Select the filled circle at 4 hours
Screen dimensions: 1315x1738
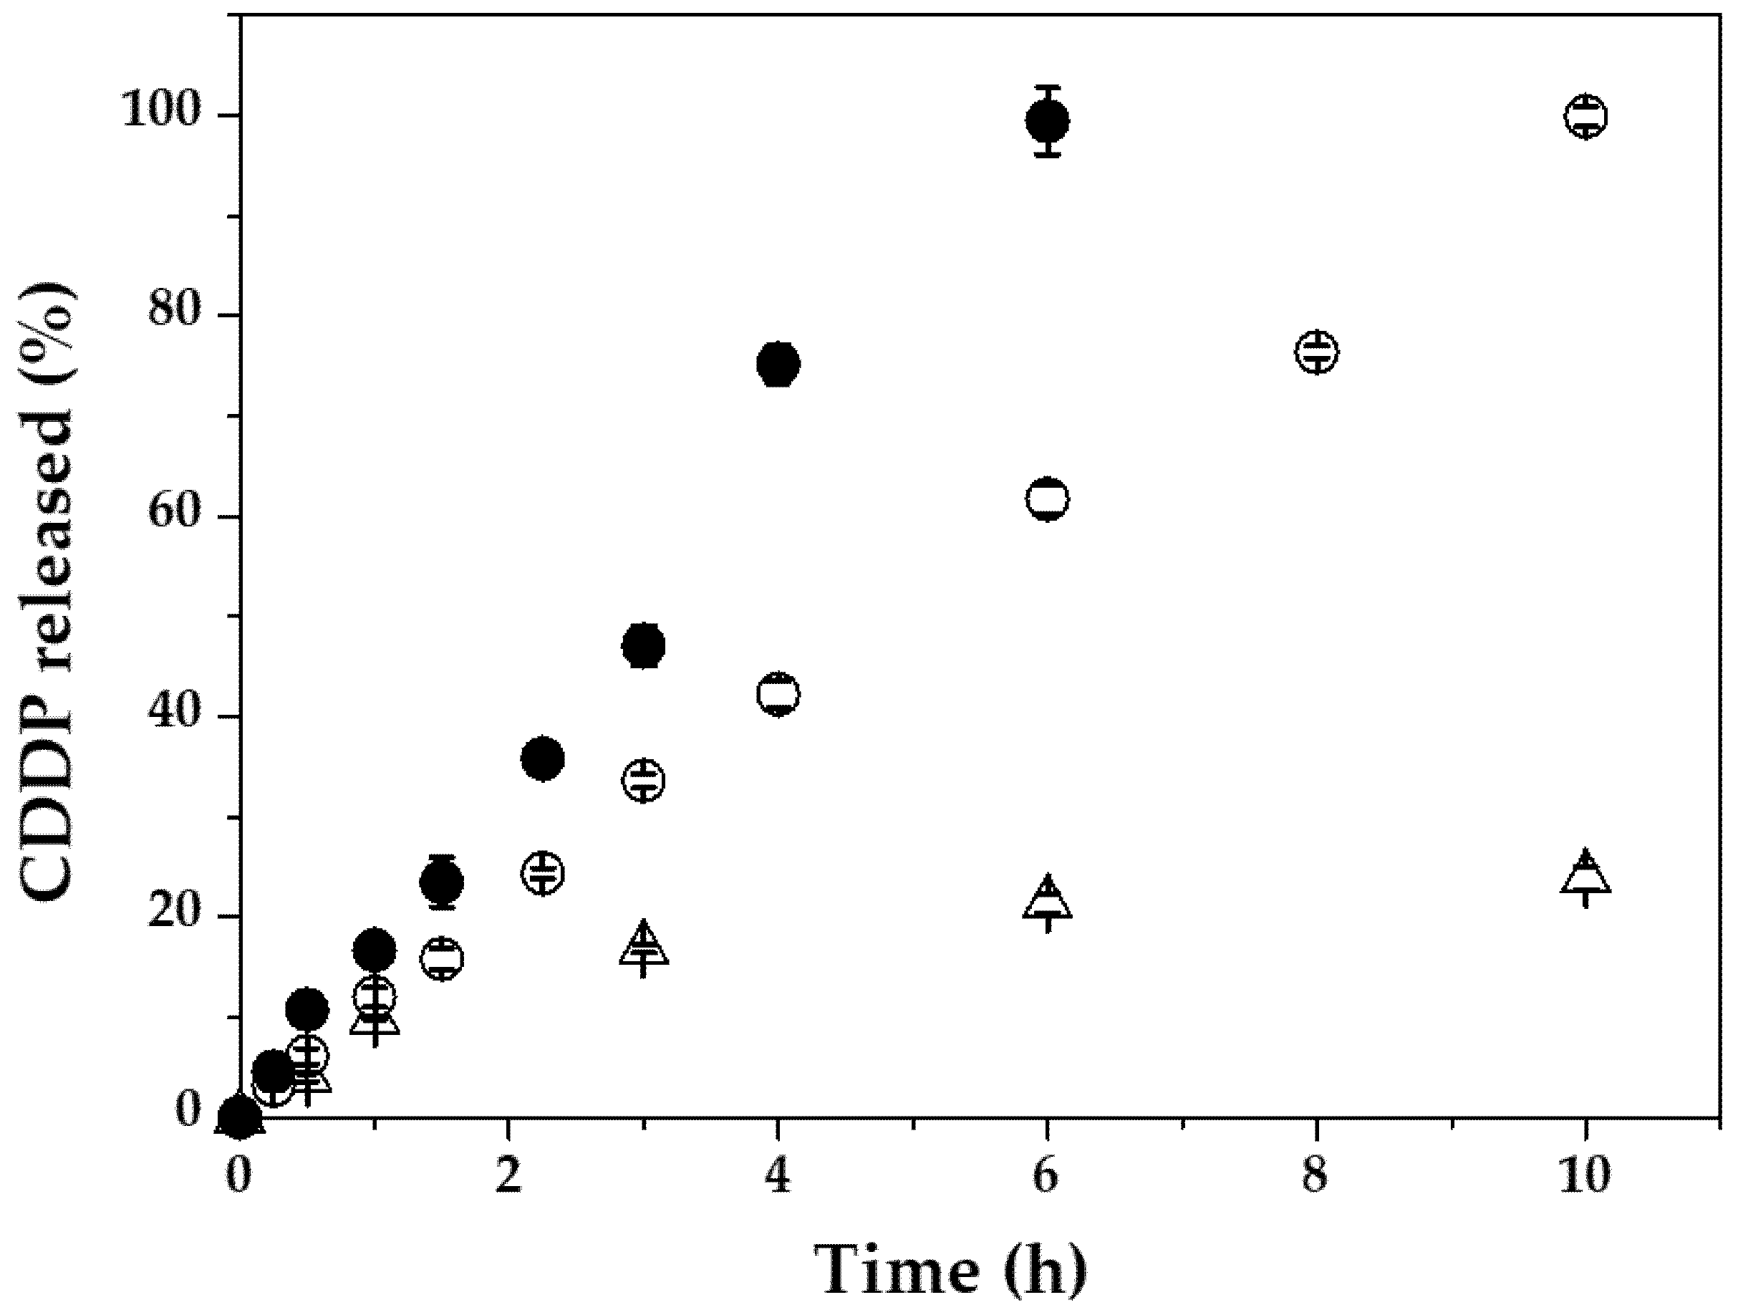pyautogui.click(x=778, y=364)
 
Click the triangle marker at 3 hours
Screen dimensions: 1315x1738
pyautogui.click(x=644, y=945)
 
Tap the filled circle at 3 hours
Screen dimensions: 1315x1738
pyautogui.click(x=644, y=646)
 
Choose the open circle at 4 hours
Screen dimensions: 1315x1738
pyautogui.click(x=778, y=694)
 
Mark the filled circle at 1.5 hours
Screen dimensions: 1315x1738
pyautogui.click(x=442, y=882)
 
